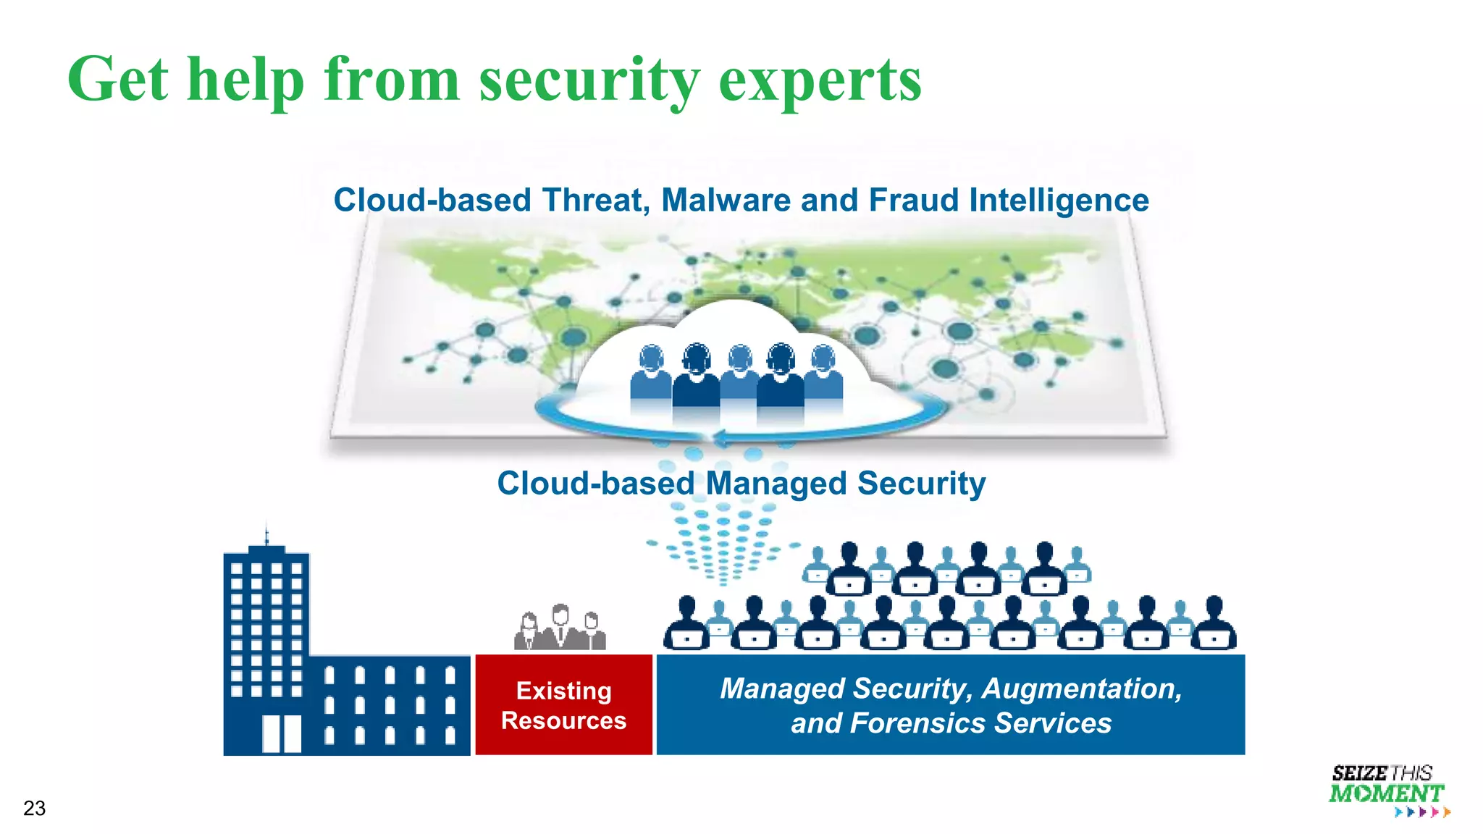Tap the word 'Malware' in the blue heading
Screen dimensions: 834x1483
coord(726,200)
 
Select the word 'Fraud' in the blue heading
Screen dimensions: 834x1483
coord(914,200)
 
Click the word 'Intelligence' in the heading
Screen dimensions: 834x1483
coord(1059,200)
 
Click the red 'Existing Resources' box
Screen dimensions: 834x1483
coord(563,704)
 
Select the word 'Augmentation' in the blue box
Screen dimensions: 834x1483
coord(1081,688)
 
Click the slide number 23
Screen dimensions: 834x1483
coord(34,808)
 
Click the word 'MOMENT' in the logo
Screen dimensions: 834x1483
coord(1386,793)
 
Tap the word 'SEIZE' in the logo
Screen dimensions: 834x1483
coord(1359,773)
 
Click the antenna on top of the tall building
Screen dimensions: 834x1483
coord(266,534)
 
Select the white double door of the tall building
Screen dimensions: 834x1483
coord(281,733)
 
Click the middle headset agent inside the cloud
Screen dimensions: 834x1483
coord(739,376)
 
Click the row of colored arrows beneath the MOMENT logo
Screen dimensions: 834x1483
coord(1422,812)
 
